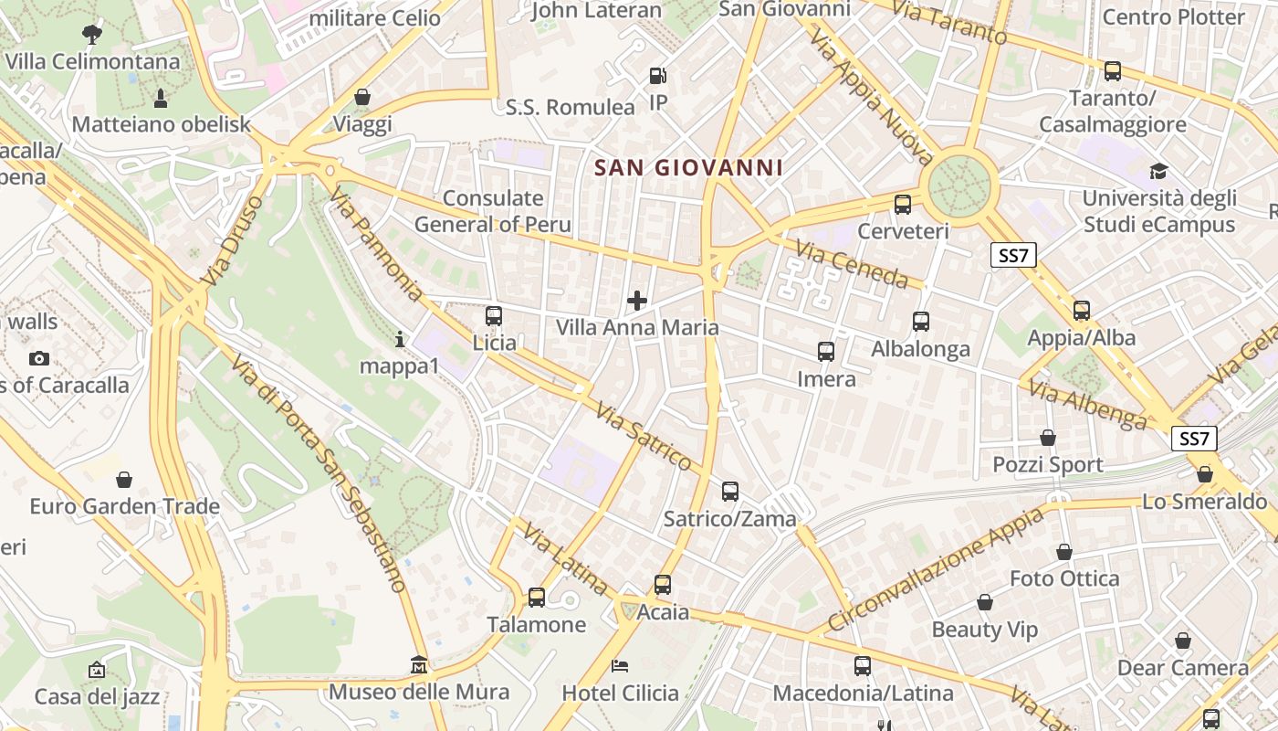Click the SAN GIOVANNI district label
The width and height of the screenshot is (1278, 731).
688,168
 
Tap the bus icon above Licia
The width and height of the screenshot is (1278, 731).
494,316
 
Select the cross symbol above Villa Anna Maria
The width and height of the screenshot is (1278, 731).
637,300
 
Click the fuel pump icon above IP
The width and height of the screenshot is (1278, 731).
657,76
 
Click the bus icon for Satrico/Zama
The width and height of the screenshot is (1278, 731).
729,492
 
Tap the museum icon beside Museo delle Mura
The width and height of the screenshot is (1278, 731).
419,664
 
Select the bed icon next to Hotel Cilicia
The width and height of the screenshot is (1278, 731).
620,665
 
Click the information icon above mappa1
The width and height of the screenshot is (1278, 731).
399,340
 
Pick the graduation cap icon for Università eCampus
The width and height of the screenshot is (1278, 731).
1158,171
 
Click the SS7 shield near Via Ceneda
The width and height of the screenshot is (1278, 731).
1013,256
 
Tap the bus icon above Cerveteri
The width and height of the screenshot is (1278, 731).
903,205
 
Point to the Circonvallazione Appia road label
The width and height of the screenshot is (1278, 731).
936,571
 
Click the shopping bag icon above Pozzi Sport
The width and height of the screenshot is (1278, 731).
1048,438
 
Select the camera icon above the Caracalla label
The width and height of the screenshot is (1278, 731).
38,358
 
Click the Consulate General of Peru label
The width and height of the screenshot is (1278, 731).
493,211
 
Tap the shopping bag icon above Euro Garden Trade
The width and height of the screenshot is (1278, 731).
124,480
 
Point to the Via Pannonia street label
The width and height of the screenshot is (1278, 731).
376,245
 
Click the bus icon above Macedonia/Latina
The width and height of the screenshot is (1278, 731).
863,666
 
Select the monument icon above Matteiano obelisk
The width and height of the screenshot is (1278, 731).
161,98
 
